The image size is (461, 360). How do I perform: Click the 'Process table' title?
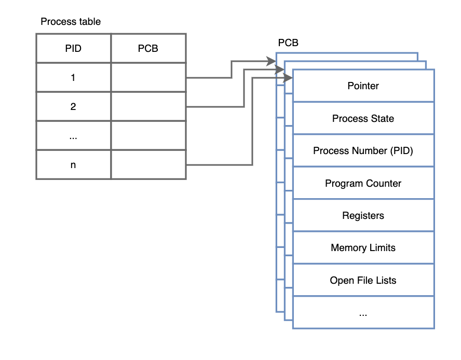click(71, 22)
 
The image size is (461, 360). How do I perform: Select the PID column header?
click(73, 49)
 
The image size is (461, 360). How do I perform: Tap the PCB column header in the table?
click(148, 49)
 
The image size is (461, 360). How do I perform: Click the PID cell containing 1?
click(73, 78)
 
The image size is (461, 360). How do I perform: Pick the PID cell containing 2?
click(73, 107)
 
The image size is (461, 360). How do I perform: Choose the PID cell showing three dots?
click(73, 136)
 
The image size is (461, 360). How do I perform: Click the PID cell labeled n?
click(73, 165)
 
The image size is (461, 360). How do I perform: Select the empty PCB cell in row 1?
click(148, 78)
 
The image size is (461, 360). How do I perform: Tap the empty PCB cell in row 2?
click(148, 107)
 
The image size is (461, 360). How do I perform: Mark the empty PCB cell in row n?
click(148, 165)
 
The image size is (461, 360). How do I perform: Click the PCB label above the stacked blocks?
click(288, 43)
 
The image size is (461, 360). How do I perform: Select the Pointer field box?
click(363, 86)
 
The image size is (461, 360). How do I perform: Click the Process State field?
click(363, 118)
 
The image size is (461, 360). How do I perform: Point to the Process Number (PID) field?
click(363, 150)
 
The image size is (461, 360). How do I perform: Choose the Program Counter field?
click(363, 183)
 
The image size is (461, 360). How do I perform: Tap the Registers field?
click(363, 215)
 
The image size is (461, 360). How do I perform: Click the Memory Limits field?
click(363, 247)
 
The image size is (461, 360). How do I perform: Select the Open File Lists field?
click(363, 280)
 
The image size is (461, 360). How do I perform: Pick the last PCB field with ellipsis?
click(363, 312)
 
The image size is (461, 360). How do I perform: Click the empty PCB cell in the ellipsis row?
click(148, 136)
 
